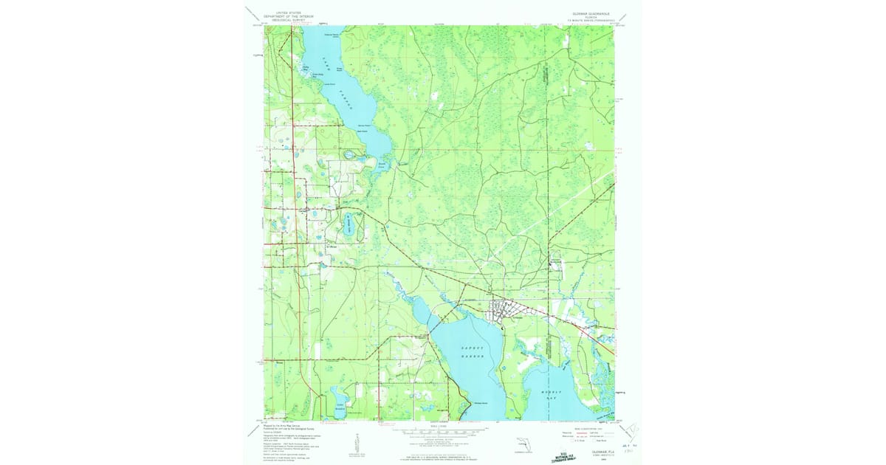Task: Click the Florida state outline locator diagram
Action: point(521,444)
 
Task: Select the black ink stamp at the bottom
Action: point(564,441)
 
